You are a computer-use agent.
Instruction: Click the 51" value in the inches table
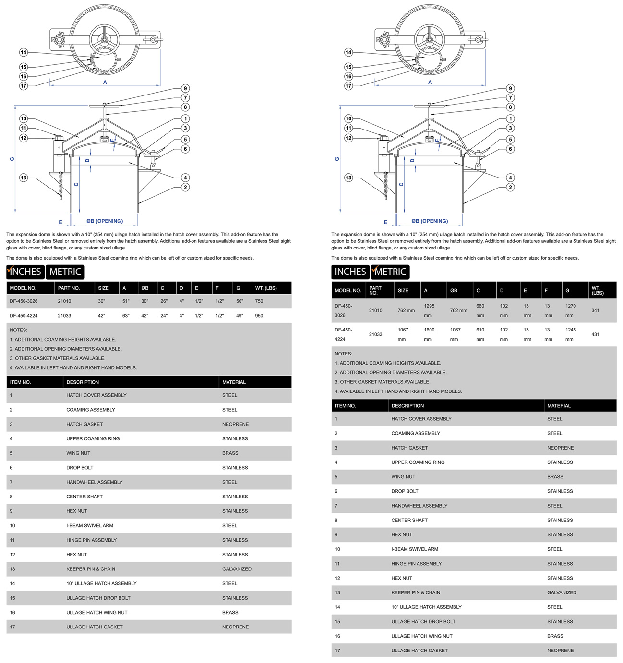(x=126, y=301)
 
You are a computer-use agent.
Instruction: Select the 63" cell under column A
(x=126, y=316)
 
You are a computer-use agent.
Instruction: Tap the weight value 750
(x=259, y=301)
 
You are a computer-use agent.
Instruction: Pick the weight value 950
(x=259, y=316)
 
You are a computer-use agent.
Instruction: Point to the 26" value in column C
(x=164, y=301)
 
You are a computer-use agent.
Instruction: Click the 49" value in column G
(x=240, y=316)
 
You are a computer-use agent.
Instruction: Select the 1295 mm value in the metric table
(x=429, y=310)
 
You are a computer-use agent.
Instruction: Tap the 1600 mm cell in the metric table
(x=429, y=334)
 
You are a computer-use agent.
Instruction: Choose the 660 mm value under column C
(x=480, y=310)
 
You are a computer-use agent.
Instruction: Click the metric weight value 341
(x=595, y=310)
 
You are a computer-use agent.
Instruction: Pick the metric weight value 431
(x=595, y=334)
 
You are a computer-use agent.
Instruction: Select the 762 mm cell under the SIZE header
(x=406, y=310)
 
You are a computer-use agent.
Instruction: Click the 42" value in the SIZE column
(x=101, y=316)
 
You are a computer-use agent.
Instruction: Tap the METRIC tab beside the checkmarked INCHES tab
(x=65, y=272)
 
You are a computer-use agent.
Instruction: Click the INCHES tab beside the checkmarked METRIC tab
(x=350, y=272)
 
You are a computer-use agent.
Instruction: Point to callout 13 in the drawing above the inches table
(x=24, y=178)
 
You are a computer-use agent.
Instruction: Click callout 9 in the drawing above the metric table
(x=510, y=88)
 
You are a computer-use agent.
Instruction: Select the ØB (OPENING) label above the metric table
(x=430, y=221)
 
